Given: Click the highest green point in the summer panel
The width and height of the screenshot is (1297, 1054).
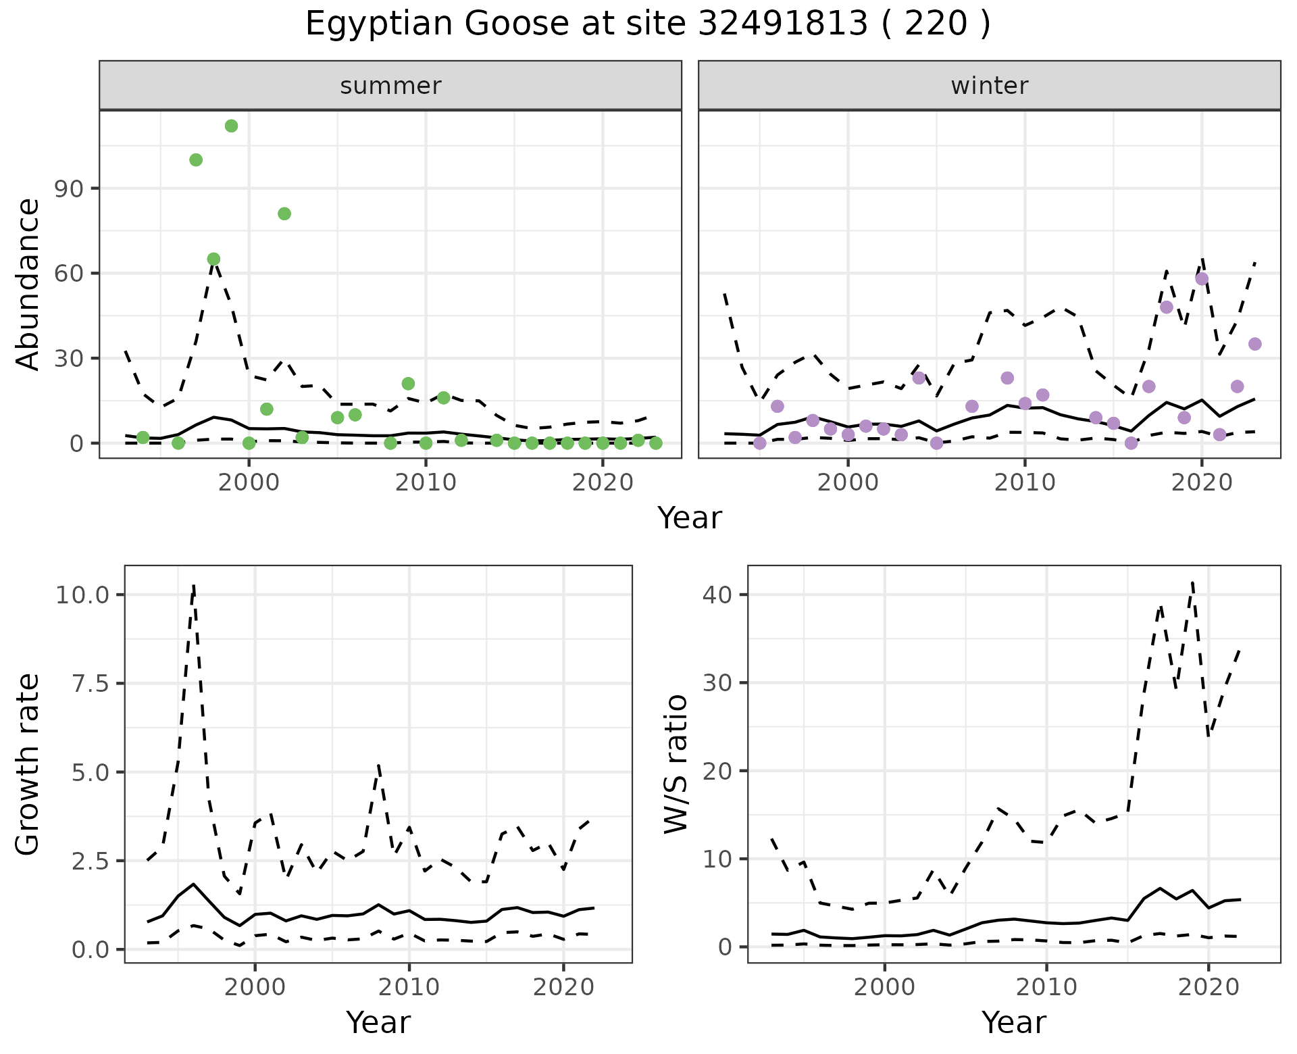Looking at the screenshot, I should pyautogui.click(x=231, y=126).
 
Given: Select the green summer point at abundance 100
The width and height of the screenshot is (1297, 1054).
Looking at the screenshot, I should pyautogui.click(x=196, y=159).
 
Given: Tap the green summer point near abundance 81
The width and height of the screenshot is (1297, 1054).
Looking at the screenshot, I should pyautogui.click(x=284, y=214).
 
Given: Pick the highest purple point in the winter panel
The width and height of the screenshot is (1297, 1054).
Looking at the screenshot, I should pyautogui.click(x=1202, y=279).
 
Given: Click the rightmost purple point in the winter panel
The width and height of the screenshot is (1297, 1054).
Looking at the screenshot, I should pyautogui.click(x=1254, y=344).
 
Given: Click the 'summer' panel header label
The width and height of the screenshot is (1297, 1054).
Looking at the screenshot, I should pyautogui.click(x=390, y=86).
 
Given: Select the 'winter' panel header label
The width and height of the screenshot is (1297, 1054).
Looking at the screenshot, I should pyautogui.click(x=989, y=86).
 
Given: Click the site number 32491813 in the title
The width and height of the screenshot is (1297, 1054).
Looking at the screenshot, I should pyautogui.click(x=782, y=24).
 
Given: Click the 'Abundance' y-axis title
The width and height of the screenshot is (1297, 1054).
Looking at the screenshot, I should pyautogui.click(x=28, y=284).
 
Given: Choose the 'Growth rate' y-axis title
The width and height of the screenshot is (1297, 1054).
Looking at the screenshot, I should pyautogui.click(x=28, y=764).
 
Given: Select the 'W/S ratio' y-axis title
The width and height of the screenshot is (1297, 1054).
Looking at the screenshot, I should pyautogui.click(x=676, y=764).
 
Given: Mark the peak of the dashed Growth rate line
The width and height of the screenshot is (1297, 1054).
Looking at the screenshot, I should pyautogui.click(x=194, y=584).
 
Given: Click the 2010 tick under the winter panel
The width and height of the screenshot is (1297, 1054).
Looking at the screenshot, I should pyautogui.click(x=1025, y=483).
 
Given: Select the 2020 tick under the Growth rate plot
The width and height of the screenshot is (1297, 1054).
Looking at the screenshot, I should pyautogui.click(x=563, y=987).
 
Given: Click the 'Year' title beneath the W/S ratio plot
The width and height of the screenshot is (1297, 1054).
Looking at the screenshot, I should pyautogui.click(x=1013, y=1023).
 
